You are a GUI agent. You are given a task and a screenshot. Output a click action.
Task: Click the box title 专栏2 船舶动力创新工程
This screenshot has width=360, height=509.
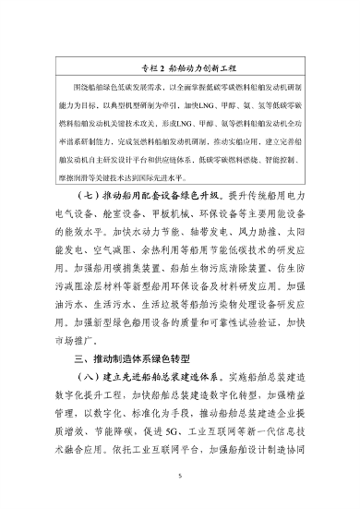point(179,68)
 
